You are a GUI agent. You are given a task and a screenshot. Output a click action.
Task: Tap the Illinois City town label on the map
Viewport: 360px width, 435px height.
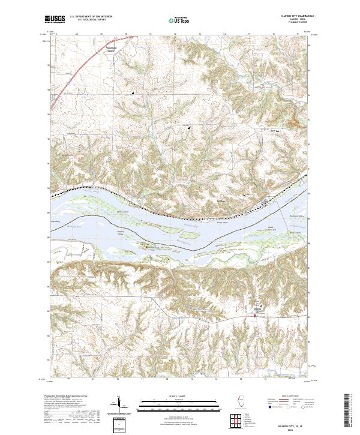[259, 311]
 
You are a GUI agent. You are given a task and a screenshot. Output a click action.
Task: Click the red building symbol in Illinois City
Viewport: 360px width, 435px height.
[254, 316]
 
